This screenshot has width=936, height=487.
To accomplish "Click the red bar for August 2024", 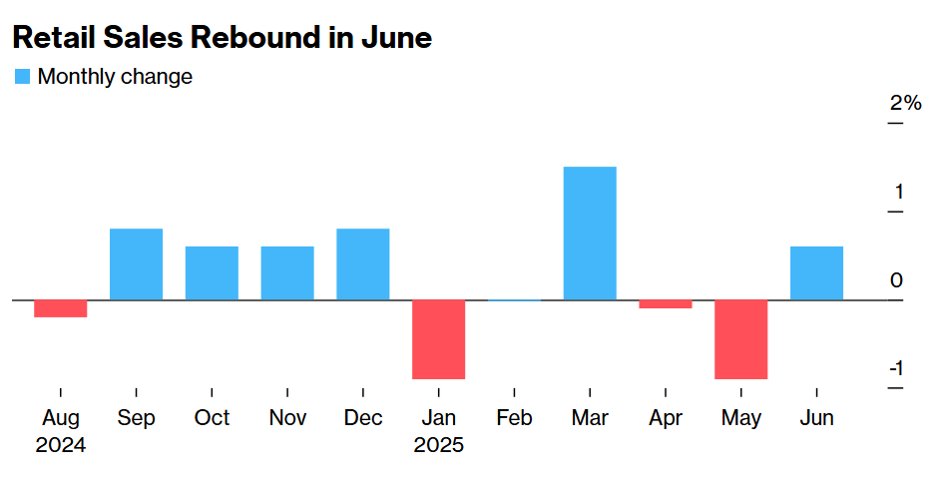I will pyautogui.click(x=60, y=308).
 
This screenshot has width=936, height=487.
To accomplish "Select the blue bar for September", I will pyautogui.click(x=136, y=264).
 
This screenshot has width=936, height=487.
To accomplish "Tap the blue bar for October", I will pyautogui.click(x=212, y=273).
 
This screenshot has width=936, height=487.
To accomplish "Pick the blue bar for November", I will pyautogui.click(x=287, y=273).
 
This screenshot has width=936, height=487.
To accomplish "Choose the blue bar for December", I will pyautogui.click(x=363, y=264).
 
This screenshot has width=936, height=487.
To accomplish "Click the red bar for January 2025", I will pyautogui.click(x=439, y=339).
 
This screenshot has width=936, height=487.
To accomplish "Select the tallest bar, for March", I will pyautogui.click(x=590, y=234).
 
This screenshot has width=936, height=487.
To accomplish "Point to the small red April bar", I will pyautogui.click(x=666, y=304).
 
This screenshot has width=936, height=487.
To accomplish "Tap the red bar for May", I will pyautogui.click(x=741, y=339).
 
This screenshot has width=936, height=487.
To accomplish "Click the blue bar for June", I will pyautogui.click(x=816, y=273).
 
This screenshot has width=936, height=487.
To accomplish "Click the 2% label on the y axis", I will pyautogui.click(x=905, y=103).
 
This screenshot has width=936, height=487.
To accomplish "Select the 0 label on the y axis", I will pyautogui.click(x=896, y=280).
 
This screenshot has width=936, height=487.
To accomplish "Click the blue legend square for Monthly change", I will pyautogui.click(x=22, y=77).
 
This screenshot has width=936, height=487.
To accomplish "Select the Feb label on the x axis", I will pyautogui.click(x=514, y=417).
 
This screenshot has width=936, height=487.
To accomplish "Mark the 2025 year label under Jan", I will pyautogui.click(x=439, y=445).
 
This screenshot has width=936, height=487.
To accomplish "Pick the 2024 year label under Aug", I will pyautogui.click(x=60, y=445).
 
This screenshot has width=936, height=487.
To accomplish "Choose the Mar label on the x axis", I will pyautogui.click(x=590, y=417).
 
